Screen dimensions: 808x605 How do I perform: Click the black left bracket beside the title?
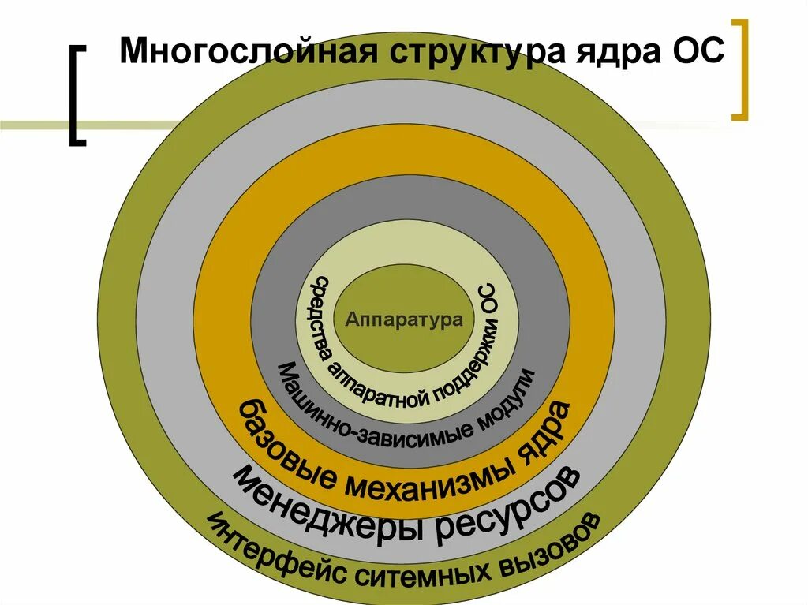[77, 95]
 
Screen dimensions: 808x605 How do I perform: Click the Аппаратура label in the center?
[404, 320]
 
